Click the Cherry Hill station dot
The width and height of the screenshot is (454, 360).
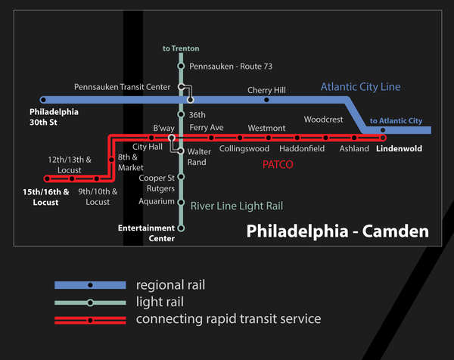point(266,100)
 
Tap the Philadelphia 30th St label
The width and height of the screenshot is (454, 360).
point(54,116)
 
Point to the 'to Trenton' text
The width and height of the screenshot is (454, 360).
point(181,48)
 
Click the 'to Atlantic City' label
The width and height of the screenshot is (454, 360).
point(396,121)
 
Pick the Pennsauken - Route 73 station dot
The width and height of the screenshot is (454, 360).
point(181,66)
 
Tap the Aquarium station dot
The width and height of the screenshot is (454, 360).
point(181,202)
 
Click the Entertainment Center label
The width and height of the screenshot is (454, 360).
point(146,233)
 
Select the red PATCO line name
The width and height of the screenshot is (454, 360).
point(278,163)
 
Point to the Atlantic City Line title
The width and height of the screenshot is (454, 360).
point(360,87)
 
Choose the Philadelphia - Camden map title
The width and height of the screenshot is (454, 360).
point(337,230)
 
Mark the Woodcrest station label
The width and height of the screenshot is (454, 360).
point(323,119)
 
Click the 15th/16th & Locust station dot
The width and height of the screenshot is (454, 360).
point(48,179)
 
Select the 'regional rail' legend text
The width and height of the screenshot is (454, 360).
point(170,285)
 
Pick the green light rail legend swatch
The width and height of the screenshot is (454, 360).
point(90,303)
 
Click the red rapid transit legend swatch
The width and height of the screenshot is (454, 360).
point(90,320)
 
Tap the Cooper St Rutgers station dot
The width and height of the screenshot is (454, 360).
point(181,177)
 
